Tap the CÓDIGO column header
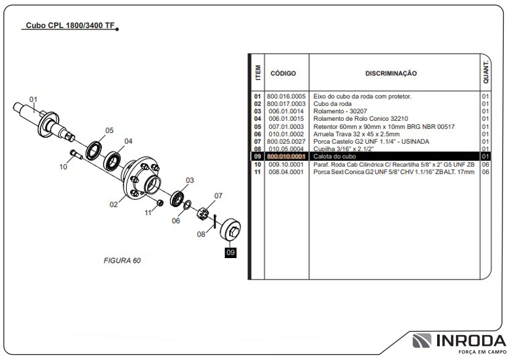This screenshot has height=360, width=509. click(x=283, y=74)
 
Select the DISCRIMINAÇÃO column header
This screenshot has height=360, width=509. click(x=391, y=74)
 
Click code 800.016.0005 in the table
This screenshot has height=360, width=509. click(x=286, y=97)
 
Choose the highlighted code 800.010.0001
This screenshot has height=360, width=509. click(x=286, y=157)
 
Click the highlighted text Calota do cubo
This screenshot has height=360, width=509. click(x=335, y=157)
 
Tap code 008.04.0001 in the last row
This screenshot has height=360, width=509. click(x=286, y=172)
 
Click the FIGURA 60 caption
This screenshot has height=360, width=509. click(x=122, y=260)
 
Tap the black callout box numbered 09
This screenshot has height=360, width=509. click(x=231, y=252)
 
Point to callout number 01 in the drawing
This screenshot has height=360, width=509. click(x=33, y=100)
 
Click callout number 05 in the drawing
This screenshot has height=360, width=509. click(x=109, y=130)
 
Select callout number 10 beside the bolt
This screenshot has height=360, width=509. click(x=63, y=167)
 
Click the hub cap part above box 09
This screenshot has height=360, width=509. click(x=231, y=230)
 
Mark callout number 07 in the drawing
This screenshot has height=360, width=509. click(x=218, y=195)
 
